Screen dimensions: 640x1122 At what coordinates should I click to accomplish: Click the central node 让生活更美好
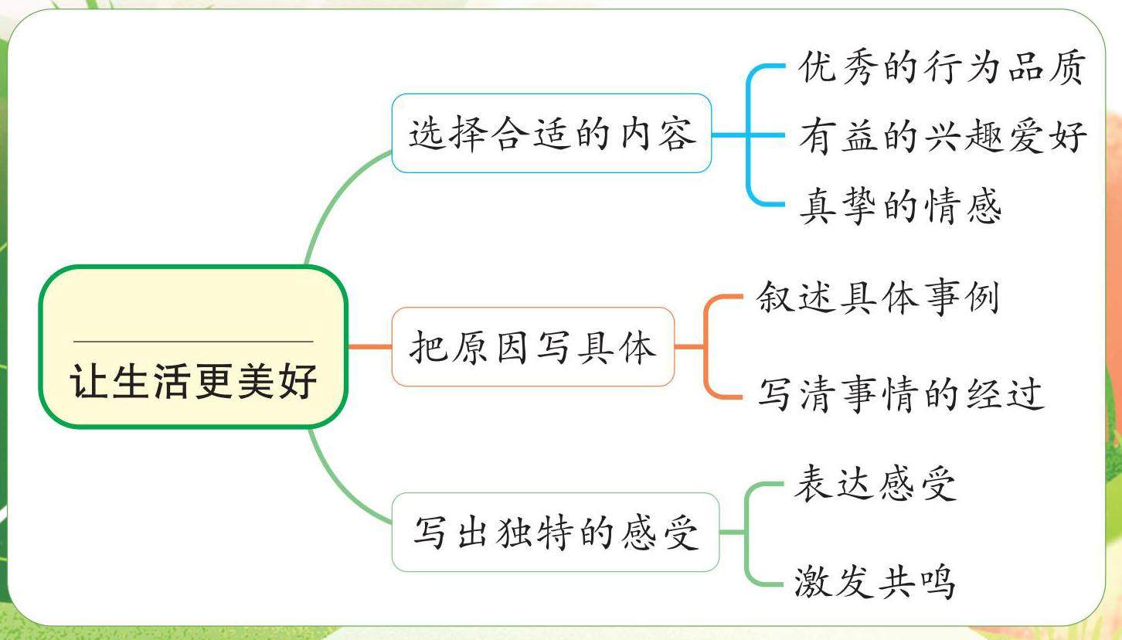click(x=193, y=347)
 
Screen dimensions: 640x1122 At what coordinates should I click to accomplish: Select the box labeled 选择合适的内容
click(x=551, y=133)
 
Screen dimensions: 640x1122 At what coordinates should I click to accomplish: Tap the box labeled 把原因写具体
click(x=532, y=347)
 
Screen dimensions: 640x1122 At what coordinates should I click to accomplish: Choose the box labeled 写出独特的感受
click(x=555, y=533)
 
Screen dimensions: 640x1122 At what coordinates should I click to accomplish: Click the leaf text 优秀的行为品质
click(x=943, y=69)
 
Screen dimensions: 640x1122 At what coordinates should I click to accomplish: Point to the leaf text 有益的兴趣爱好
click(x=943, y=138)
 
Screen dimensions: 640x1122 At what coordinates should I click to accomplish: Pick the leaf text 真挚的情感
click(x=900, y=206)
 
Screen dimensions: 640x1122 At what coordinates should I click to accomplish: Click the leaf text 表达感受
click(x=875, y=485)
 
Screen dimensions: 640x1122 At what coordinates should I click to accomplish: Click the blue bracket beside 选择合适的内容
click(x=749, y=136)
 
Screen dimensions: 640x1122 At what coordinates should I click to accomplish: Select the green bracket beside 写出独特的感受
click(x=746, y=533)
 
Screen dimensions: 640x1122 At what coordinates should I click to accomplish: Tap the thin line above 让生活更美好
click(x=193, y=341)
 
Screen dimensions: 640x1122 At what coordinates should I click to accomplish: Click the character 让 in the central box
click(x=88, y=381)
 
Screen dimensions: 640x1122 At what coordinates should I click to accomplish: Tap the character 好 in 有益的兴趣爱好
click(x=1069, y=138)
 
